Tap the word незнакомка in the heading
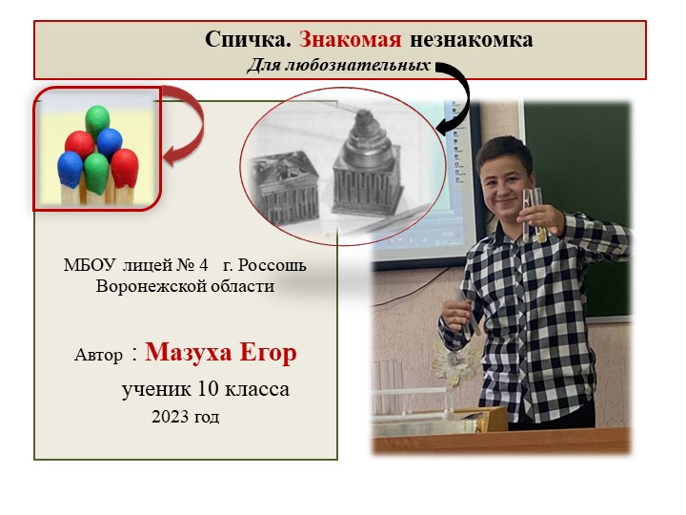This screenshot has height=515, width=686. point(472,40)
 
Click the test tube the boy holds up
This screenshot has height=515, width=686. point(533,212)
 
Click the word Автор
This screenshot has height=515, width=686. point(98,356)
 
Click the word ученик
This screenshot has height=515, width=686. point(156,389)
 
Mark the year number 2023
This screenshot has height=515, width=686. point(170,417)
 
